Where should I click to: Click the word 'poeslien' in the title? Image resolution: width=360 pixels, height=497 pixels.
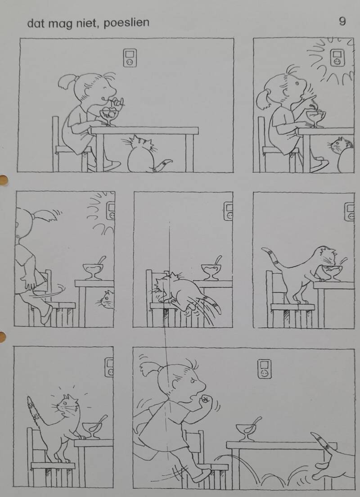tap(126, 23)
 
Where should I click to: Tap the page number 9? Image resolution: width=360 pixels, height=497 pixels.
tap(342, 21)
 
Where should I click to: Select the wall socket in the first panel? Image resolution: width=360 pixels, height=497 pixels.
tap(130, 58)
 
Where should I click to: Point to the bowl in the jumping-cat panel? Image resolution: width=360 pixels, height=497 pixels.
tap(211, 271)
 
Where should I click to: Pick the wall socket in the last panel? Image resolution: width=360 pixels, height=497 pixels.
tap(264, 369)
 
